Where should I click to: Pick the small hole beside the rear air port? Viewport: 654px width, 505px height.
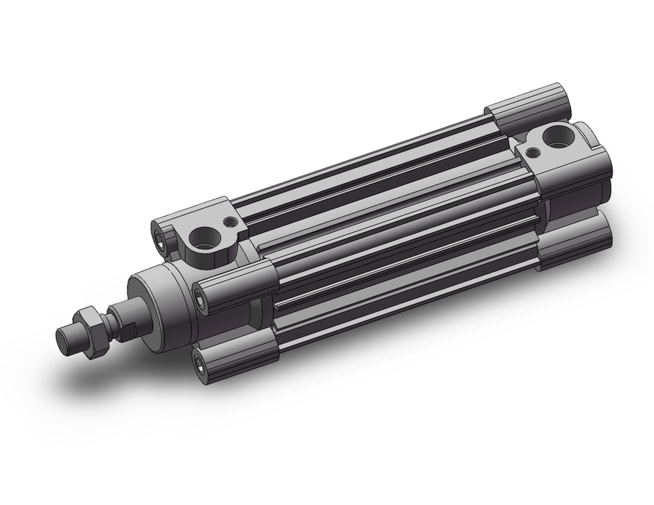tap(534, 152)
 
